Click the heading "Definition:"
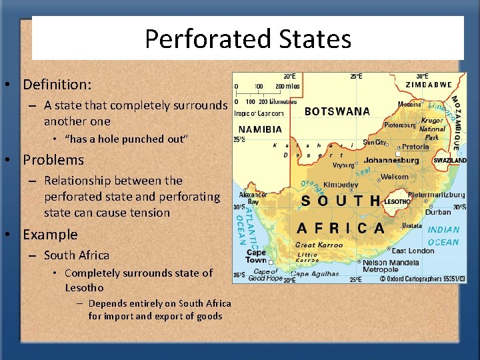point(57,85)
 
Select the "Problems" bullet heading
point(53,160)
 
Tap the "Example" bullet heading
point(50,235)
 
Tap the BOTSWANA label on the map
point(337,112)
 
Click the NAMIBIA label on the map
point(260,129)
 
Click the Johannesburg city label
point(382,161)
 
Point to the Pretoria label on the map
point(415,147)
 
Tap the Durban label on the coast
point(438,212)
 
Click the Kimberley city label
point(341,185)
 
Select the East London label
point(413,251)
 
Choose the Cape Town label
point(256,257)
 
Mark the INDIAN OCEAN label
point(443,236)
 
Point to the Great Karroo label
point(319,245)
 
